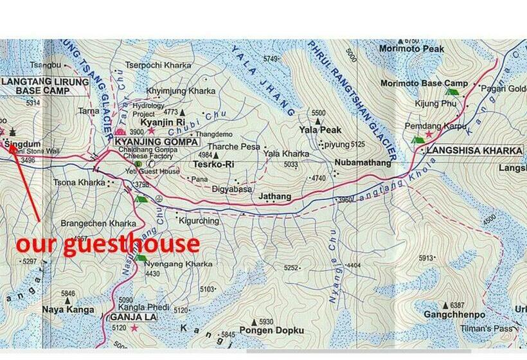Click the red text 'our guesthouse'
click(107, 244)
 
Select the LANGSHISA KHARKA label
click(472, 150)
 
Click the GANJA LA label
click(133, 317)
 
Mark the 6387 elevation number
click(457, 305)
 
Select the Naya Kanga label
click(64, 309)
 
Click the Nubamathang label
click(362, 163)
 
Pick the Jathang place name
click(274, 196)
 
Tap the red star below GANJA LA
click(134, 328)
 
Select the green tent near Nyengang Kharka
click(141, 258)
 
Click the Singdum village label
click(18, 144)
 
